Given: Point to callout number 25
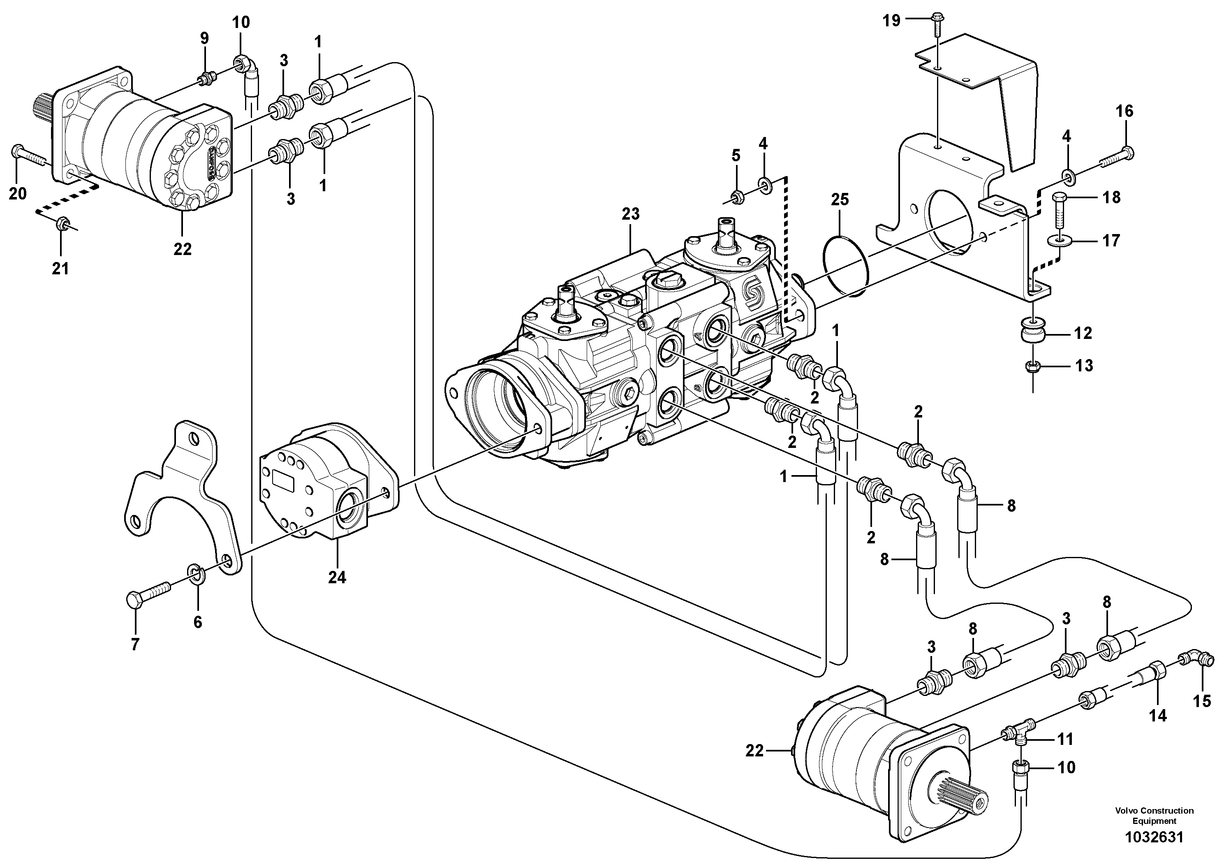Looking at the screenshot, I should click(x=840, y=199).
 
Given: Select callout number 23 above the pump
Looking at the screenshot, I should click(x=630, y=214).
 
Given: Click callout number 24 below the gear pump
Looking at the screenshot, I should click(x=337, y=577).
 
